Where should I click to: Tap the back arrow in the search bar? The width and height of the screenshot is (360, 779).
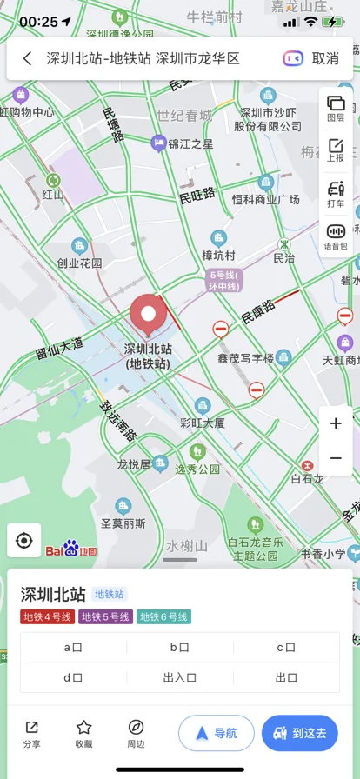28,58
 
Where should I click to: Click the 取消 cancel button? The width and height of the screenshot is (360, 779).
325,58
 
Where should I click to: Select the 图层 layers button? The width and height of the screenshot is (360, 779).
336,109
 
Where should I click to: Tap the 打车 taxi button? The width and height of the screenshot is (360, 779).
336,194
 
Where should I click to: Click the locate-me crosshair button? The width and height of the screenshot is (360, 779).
24,541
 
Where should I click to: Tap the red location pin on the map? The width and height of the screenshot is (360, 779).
148,315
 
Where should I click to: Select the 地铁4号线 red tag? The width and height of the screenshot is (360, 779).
48,616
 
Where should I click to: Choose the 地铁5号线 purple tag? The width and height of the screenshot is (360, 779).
105,616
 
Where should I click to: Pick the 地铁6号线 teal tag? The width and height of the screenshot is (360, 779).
163,616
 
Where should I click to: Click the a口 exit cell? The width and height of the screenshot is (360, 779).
73,647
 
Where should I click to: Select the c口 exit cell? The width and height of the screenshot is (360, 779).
286,647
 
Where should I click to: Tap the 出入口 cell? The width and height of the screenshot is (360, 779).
180,677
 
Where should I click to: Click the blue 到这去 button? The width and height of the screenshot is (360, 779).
299,733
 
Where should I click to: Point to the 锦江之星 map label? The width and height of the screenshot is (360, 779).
190,143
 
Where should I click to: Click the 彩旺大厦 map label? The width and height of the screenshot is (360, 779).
203,423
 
